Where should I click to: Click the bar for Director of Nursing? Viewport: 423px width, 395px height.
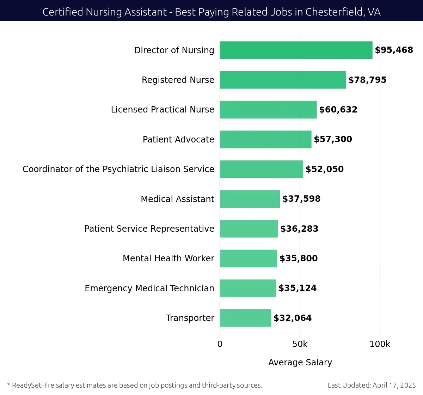pyautogui.click(x=296, y=50)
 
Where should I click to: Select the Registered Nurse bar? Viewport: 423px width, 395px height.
pyautogui.click(x=283, y=80)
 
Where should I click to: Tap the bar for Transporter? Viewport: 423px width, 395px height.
pyautogui.click(x=245, y=318)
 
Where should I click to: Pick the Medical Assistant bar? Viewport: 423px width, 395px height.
pyautogui.click(x=250, y=199)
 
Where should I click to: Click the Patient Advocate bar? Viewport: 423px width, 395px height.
pyautogui.click(x=266, y=139)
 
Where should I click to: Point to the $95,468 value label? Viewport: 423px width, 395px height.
pyautogui.click(x=394, y=50)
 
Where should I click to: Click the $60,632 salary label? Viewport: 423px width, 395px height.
pyautogui.click(x=338, y=110)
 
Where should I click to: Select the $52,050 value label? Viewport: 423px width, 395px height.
pyautogui.click(x=324, y=169)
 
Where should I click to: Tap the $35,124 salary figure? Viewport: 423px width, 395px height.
pyautogui.click(x=298, y=288)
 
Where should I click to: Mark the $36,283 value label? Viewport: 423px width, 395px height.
pyautogui.click(x=299, y=229)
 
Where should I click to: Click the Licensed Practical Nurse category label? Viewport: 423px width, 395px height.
pyautogui.click(x=163, y=110)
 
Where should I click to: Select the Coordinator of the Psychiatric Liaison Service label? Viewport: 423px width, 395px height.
pyautogui.click(x=118, y=169)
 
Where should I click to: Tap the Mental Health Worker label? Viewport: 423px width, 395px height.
pyautogui.click(x=168, y=259)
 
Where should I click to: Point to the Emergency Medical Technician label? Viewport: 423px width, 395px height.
pyautogui.click(x=149, y=288)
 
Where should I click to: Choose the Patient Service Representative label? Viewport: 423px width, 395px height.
pyautogui.click(x=149, y=229)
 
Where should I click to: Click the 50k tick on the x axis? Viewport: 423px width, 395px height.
pyautogui.click(x=300, y=344)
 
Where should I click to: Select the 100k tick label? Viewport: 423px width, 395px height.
pyautogui.click(x=380, y=344)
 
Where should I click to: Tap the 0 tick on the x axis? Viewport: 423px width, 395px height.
pyautogui.click(x=220, y=344)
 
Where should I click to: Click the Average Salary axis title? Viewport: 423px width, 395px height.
pyautogui.click(x=300, y=363)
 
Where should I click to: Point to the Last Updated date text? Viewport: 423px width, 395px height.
pyautogui.click(x=372, y=385)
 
